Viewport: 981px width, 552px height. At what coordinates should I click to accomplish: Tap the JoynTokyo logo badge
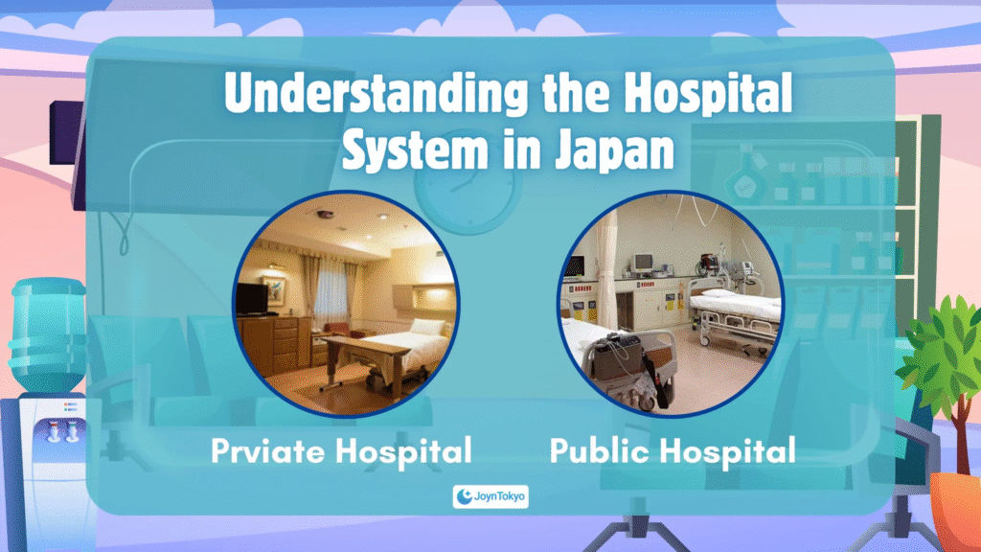pyautogui.click(x=490, y=496)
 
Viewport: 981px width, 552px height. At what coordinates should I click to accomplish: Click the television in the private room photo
pyautogui.click(x=252, y=299)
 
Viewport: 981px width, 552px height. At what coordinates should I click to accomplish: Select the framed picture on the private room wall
pyautogui.click(x=273, y=290)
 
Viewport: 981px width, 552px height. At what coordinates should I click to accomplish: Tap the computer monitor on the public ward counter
pyautogui.click(x=643, y=263)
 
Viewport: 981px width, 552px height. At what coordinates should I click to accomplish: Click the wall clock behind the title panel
pyautogui.click(x=467, y=189)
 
